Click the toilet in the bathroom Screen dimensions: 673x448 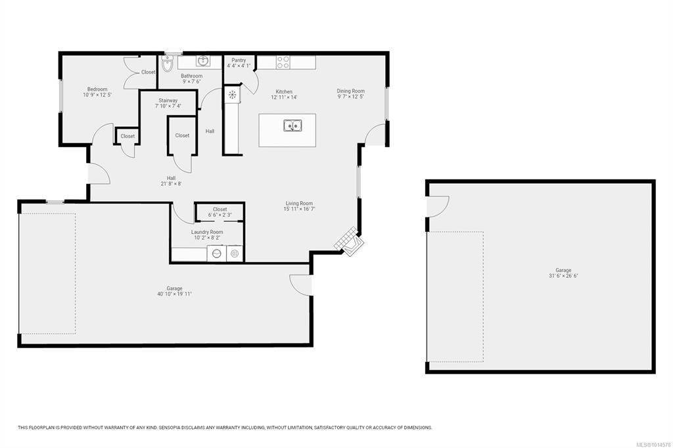coord(167,64)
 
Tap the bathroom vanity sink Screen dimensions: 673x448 coord(203,61)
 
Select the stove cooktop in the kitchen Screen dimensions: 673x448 coord(283,62)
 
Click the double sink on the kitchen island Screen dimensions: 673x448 coord(292,125)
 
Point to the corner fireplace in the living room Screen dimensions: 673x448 coord(349,242)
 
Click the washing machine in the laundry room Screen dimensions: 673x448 coord(217,253)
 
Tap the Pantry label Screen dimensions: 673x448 coord(239,60)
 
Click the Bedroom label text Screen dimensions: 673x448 coord(97,89)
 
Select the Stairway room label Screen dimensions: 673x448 coord(168,101)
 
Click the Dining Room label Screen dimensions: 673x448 coord(351,91)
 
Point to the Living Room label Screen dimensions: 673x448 coord(299,204)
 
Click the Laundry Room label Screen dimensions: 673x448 coord(207,232)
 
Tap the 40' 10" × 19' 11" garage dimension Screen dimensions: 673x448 coord(174,294)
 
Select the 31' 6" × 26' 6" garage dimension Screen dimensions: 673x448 coord(563,276)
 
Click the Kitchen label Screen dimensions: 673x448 coord(284,92)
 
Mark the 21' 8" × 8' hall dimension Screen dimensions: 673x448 coord(171,184)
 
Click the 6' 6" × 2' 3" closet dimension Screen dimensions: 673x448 coord(220,215)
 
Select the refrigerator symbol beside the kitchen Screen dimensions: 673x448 coord(232,95)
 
